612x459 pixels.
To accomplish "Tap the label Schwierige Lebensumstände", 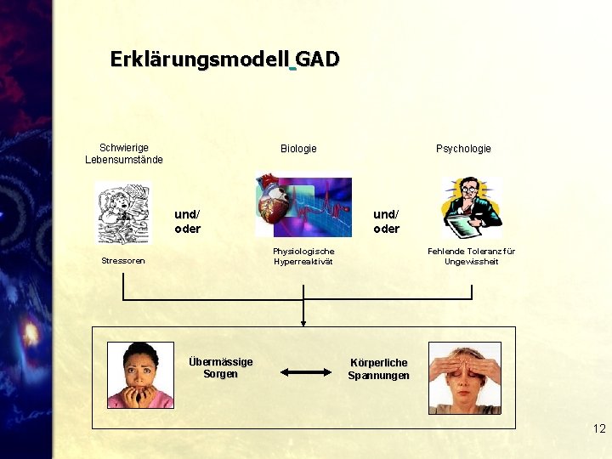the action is click(x=124, y=154).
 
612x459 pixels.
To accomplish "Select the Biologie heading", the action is click(x=298, y=149).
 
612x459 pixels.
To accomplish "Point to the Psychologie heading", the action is click(x=463, y=149).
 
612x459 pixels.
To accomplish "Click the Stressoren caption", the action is click(x=123, y=261).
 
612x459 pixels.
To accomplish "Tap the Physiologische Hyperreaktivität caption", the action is click(x=303, y=256).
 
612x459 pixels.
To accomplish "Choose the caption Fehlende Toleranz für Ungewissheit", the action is click(x=471, y=256).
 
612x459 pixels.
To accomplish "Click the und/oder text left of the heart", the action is click(x=187, y=222).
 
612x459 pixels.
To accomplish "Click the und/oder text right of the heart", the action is click(x=386, y=222).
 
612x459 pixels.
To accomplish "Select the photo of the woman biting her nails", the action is click(x=140, y=375).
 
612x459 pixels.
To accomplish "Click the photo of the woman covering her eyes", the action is click(x=464, y=377).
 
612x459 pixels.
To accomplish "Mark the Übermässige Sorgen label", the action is click(x=220, y=368).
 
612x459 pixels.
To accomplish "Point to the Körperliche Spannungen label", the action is click(x=378, y=369).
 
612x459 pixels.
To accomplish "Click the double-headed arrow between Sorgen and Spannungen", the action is click(x=304, y=371).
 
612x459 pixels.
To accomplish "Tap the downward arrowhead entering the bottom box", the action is click(x=303, y=322).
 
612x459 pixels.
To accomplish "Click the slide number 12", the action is click(x=599, y=429).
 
